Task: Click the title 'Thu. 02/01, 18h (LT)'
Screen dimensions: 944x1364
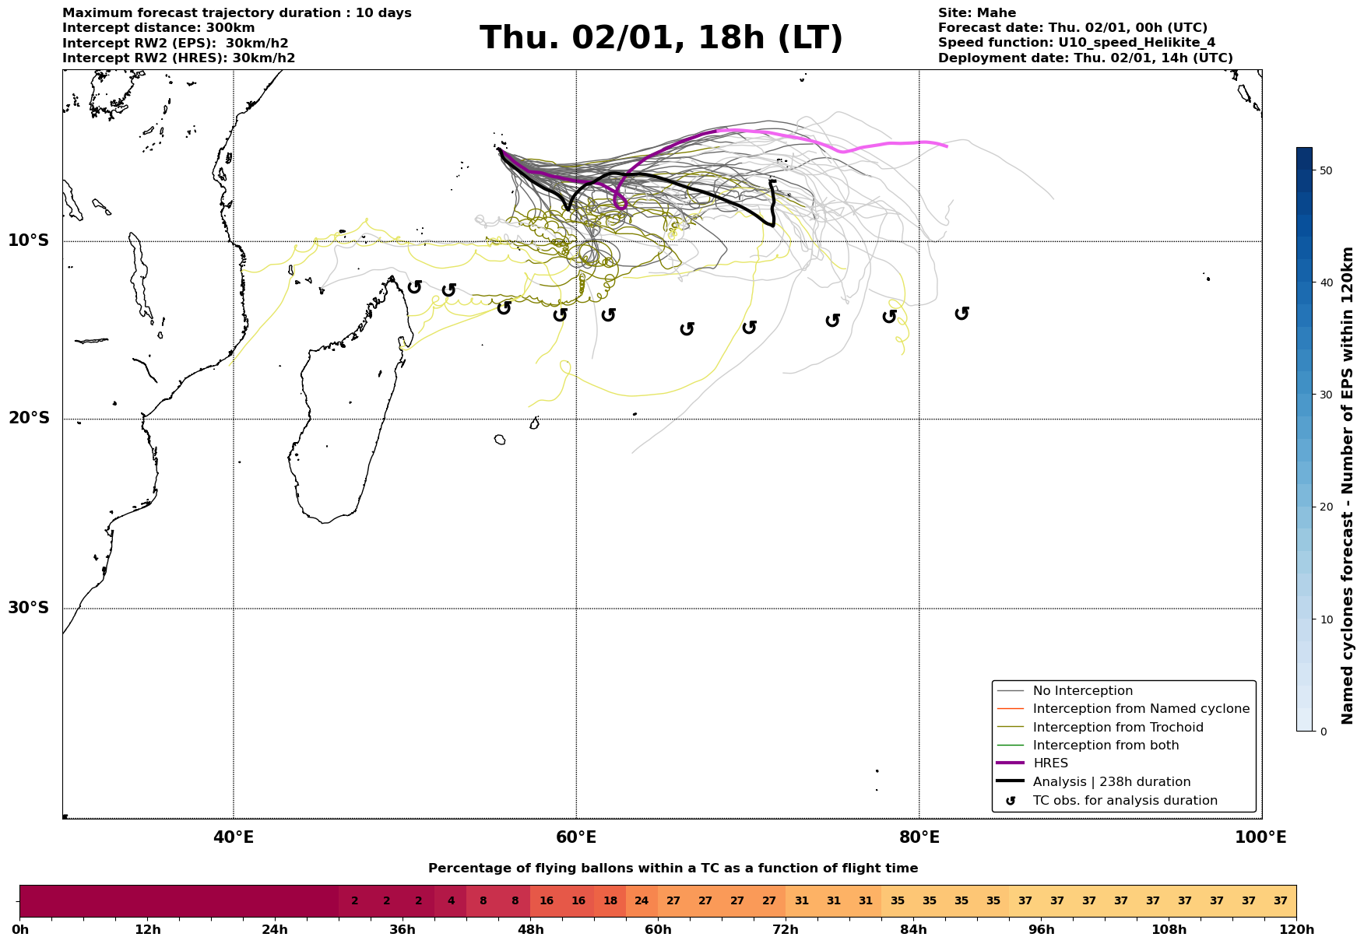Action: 661,38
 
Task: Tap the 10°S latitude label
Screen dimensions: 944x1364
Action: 29,240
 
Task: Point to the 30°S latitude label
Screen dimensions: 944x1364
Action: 29,608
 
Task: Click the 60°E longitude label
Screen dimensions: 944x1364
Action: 576,837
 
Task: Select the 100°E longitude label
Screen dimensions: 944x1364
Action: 1260,837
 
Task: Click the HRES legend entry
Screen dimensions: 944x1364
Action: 1050,763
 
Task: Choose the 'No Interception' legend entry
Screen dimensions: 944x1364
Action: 1082,691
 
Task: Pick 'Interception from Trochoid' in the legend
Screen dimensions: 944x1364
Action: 1117,728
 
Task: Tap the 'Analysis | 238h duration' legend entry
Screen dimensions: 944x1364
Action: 1111,782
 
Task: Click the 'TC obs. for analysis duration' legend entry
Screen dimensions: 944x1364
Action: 1124,801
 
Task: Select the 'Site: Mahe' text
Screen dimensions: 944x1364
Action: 976,13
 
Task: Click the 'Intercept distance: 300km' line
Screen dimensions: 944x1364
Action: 159,28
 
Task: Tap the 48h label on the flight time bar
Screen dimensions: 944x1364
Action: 530,930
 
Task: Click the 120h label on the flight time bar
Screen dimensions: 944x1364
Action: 1295,930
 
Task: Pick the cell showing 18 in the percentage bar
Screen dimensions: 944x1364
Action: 610,901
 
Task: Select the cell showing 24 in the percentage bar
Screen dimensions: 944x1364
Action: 642,901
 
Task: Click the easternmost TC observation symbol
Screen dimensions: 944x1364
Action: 961,313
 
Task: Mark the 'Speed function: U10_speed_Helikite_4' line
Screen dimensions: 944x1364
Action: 1076,43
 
